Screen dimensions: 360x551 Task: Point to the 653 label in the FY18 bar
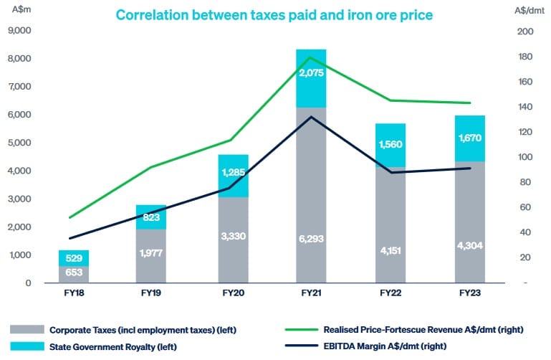[75, 273]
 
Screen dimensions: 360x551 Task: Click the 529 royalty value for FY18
[75, 258]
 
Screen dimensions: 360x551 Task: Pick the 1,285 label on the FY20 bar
[233, 173]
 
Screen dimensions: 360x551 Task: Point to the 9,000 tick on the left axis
[21, 31]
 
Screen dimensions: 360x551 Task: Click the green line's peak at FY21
[310, 57]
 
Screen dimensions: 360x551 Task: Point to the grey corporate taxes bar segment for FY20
[233, 240]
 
